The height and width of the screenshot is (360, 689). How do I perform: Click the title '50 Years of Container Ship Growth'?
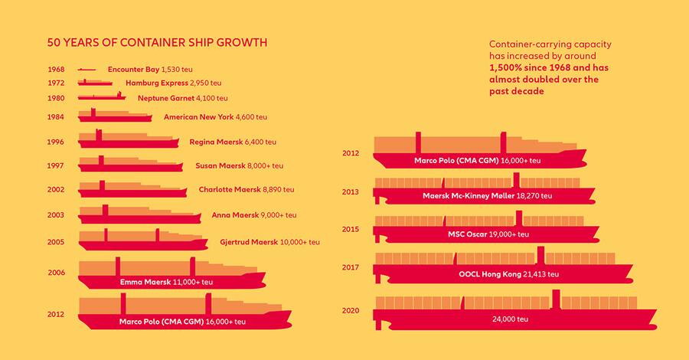click(x=157, y=42)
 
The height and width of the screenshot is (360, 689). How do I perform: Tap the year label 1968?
click(x=56, y=70)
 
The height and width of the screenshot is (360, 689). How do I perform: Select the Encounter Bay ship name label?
click(x=134, y=70)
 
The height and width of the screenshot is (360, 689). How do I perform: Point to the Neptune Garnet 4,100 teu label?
click(x=182, y=99)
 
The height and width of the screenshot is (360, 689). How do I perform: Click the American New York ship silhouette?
click(x=115, y=116)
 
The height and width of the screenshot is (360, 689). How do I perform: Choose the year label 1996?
click(x=56, y=142)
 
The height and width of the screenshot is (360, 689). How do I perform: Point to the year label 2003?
click(x=56, y=215)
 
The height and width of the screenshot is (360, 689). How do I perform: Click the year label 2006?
click(x=56, y=273)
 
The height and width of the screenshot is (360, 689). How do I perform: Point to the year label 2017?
click(x=351, y=267)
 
